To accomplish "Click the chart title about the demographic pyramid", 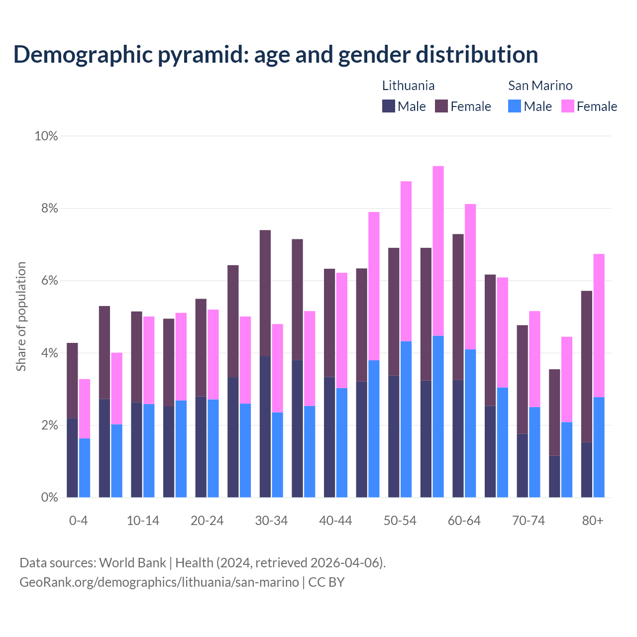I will point(275,55).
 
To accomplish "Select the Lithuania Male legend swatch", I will point(389,106).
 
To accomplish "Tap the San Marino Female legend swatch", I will point(568,106).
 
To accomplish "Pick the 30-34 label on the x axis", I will point(271,521).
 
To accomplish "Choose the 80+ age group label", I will point(593,521).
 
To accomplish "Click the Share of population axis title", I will point(21,317).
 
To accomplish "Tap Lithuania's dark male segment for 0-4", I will point(72,458).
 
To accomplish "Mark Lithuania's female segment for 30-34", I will point(265,293).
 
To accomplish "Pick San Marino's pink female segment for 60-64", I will point(470,277).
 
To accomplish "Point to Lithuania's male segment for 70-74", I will point(523,465).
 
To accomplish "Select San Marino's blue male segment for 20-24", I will point(213,448).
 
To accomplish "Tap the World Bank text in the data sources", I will point(132,563).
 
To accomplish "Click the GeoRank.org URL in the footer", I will point(159,582).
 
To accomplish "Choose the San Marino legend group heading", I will point(540,86).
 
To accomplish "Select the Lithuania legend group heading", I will point(408,86).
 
